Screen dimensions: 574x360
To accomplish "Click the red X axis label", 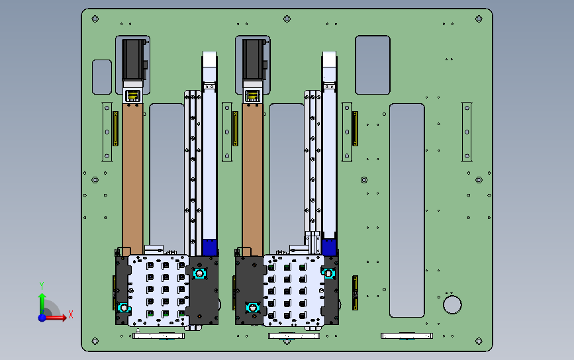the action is [x=71, y=314].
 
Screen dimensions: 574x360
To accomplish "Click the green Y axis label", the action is [x=41, y=285].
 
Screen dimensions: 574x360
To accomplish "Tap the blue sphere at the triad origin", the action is [x=42, y=318].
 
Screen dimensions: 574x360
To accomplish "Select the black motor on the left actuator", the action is [x=133, y=60].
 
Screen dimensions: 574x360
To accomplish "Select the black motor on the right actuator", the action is [x=254, y=60].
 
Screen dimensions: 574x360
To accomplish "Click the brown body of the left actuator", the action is [x=132, y=179].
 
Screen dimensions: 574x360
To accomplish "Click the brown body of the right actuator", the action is [x=253, y=179].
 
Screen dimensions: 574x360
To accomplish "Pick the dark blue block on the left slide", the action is [x=210, y=247].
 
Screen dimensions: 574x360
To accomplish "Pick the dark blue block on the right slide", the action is [x=329, y=247].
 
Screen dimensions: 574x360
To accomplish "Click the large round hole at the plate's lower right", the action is [x=452, y=305].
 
